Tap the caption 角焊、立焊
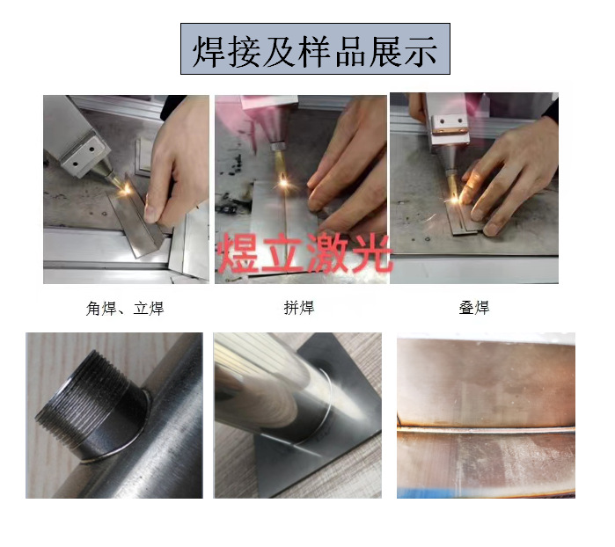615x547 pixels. pos(125,308)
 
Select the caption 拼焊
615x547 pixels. pos(298,308)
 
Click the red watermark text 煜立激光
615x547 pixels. pos(302,250)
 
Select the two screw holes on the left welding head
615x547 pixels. pos(82,157)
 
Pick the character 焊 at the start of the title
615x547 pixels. pos(209,50)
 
